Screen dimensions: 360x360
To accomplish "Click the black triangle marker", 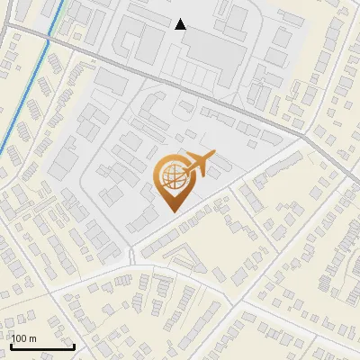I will pyautogui.click(x=181, y=24).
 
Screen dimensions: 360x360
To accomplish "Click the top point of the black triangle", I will pyautogui.click(x=181, y=19).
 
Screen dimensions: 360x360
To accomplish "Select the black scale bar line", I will pyautogui.click(x=42, y=347).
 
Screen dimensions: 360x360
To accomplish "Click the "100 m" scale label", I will pyautogui.click(x=24, y=339).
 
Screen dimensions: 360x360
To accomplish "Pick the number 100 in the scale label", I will pyautogui.click(x=20, y=339).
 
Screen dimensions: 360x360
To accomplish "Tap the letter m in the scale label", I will pyautogui.click(x=33, y=339).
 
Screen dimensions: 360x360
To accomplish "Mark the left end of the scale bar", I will pyautogui.click(x=11, y=346).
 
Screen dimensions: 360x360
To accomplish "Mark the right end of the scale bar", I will pyautogui.click(x=74, y=346).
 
